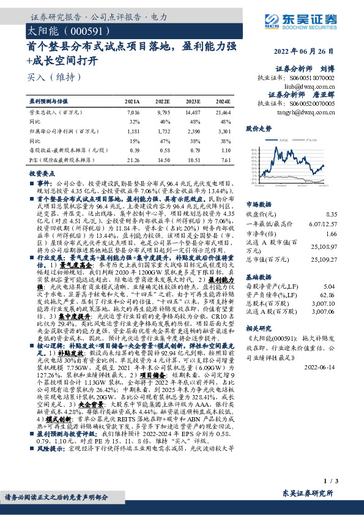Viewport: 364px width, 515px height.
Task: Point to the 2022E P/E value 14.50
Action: (x=163, y=160)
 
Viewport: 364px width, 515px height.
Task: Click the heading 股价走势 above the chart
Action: (x=258, y=129)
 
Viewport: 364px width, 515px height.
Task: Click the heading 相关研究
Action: (x=258, y=327)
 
